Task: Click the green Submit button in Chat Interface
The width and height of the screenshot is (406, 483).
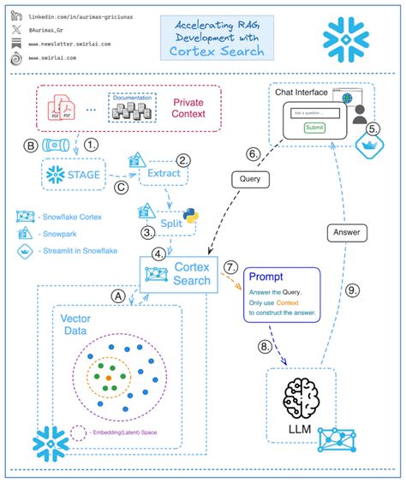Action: coord(314,128)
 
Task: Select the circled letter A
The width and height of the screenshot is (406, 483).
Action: coord(118,295)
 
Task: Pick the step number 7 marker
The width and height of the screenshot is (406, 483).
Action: coord(230,268)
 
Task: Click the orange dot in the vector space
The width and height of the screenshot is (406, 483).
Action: coord(110,377)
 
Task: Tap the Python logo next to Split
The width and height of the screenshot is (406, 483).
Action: coord(191,215)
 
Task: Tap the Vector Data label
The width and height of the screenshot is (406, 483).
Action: coord(75,323)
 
